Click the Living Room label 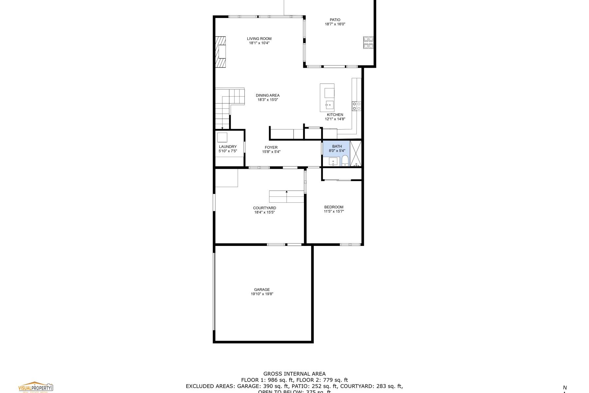(259, 39)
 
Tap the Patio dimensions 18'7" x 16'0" (335, 24)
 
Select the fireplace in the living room (221, 51)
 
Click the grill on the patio (368, 43)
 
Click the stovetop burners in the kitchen (356, 106)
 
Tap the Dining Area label (267, 95)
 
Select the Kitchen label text (335, 115)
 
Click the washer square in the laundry (222, 137)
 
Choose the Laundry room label (227, 147)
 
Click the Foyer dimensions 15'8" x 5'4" (271, 152)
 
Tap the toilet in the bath (345, 161)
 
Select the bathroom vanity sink (333, 161)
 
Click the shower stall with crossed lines (356, 153)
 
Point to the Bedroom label (333, 207)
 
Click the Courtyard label (264, 208)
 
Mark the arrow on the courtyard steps (287, 192)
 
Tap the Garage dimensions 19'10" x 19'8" (262, 294)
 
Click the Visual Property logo (35, 387)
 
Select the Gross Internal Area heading (294, 374)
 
